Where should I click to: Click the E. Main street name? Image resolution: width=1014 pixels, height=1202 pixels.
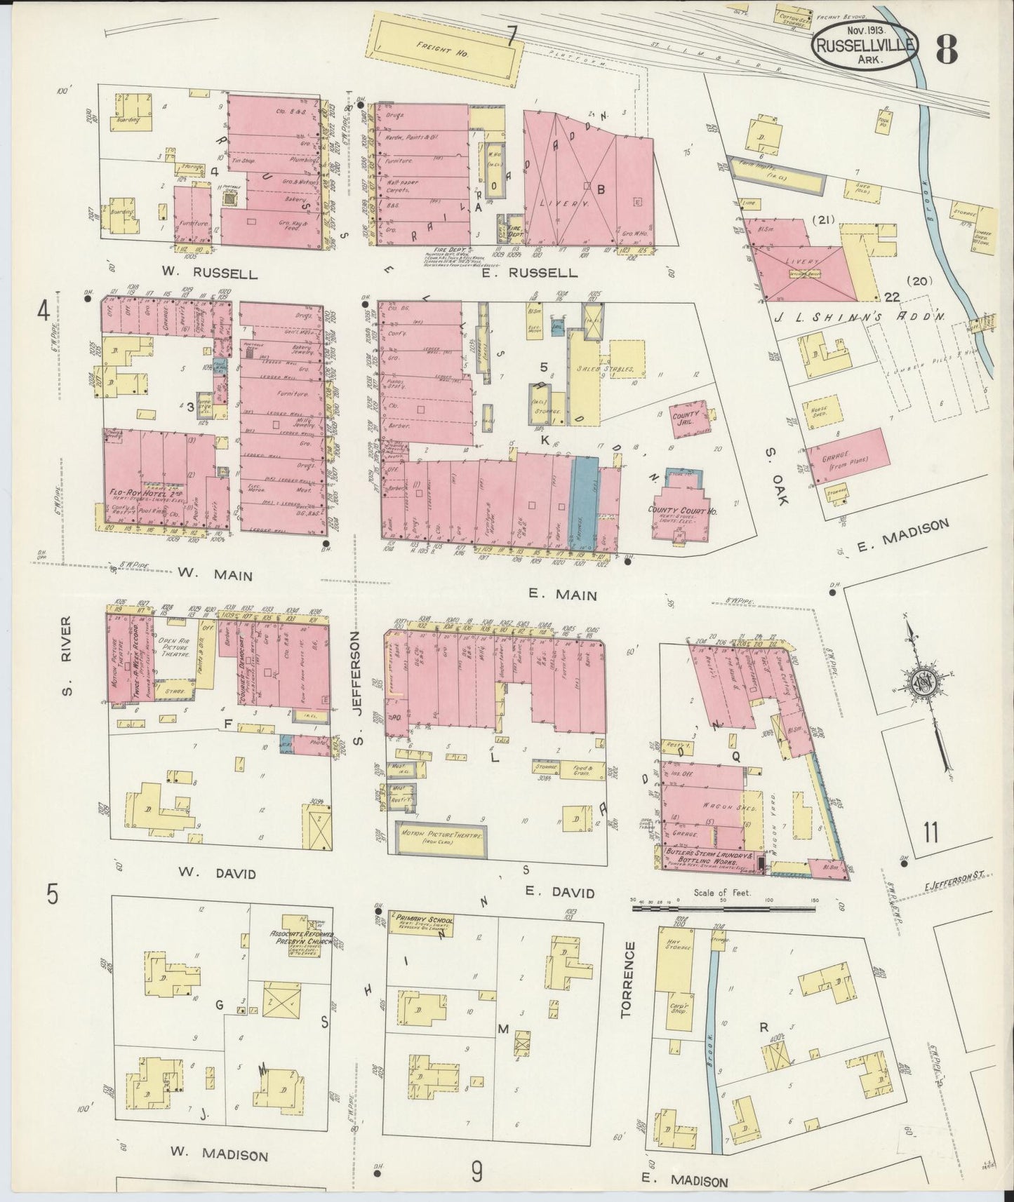coord(562,595)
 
